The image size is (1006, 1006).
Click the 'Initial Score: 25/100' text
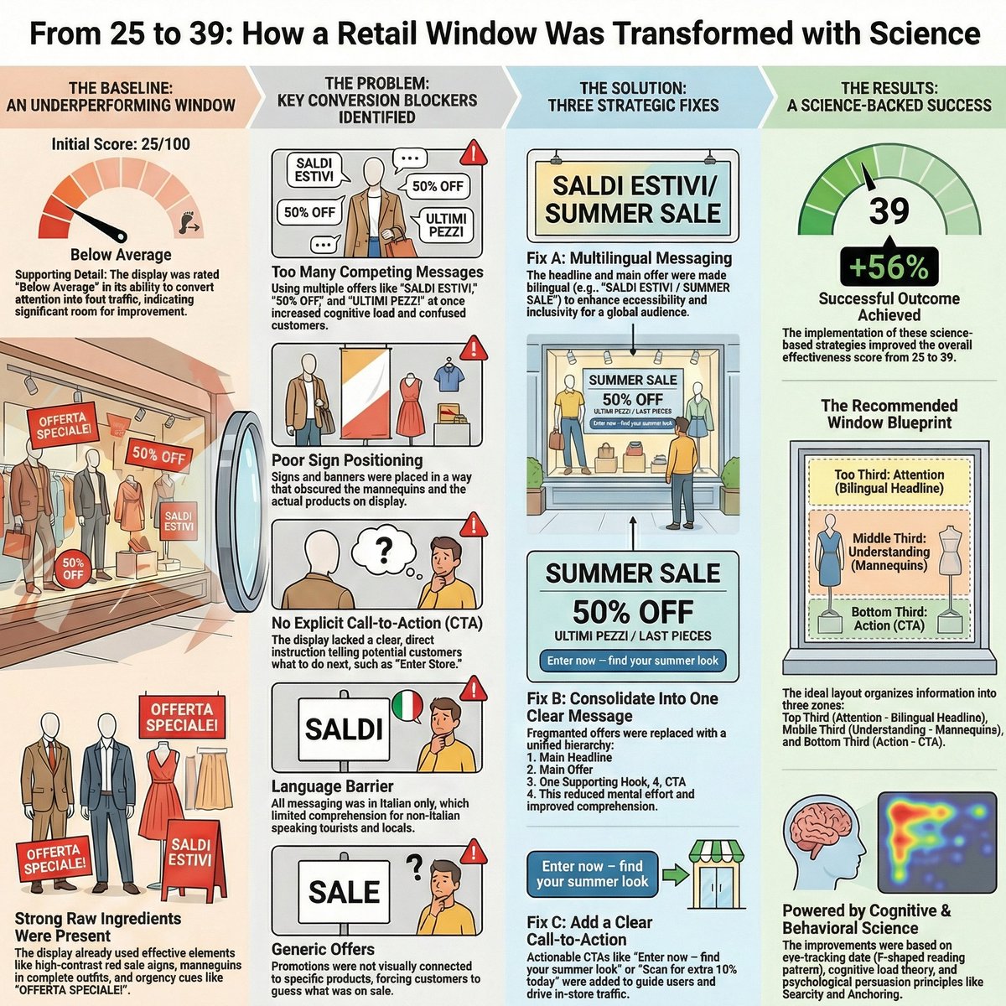click(121, 144)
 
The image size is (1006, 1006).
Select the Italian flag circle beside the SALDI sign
click(408, 706)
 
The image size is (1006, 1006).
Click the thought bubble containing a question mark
click(383, 549)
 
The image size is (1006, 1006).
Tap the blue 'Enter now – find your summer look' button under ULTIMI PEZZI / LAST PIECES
click(632, 661)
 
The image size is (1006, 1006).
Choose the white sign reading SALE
click(344, 891)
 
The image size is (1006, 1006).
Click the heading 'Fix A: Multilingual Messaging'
click(629, 258)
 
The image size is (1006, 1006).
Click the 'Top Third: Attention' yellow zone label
click(889, 480)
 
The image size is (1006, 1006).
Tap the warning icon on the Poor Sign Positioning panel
click(474, 347)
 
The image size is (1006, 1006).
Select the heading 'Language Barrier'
click(332, 786)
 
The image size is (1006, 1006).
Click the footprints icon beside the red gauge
click(188, 220)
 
